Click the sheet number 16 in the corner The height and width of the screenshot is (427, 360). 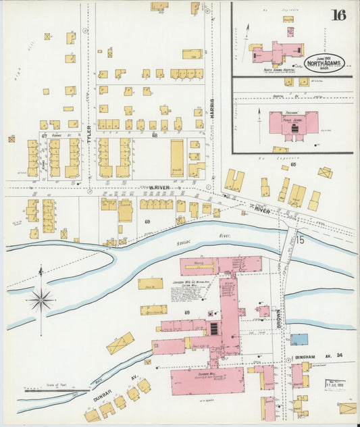click(338, 15)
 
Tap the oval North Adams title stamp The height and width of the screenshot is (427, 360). click(325, 63)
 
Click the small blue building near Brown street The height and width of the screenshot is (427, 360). click(299, 339)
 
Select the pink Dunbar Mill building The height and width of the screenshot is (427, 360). click(207, 380)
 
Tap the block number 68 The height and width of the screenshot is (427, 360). click(155, 136)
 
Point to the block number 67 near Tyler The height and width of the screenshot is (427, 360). click(44, 136)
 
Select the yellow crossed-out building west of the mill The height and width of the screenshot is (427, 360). click(120, 343)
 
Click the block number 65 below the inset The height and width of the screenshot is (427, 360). click(293, 164)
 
